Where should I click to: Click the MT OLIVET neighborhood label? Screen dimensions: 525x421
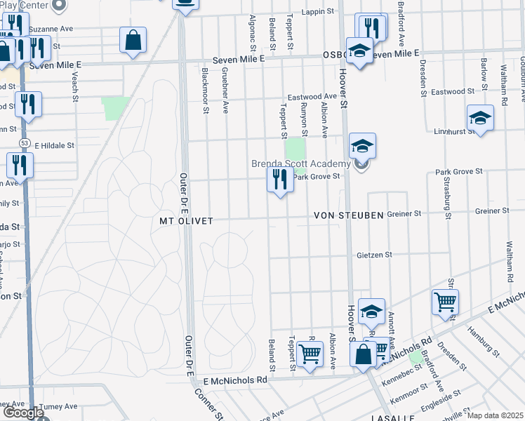[186, 220]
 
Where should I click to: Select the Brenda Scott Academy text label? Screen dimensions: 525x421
[300, 163]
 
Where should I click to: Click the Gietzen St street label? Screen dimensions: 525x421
[373, 255]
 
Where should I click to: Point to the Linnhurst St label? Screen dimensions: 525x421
[450, 131]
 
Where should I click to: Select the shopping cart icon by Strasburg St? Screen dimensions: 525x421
[446, 302]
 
